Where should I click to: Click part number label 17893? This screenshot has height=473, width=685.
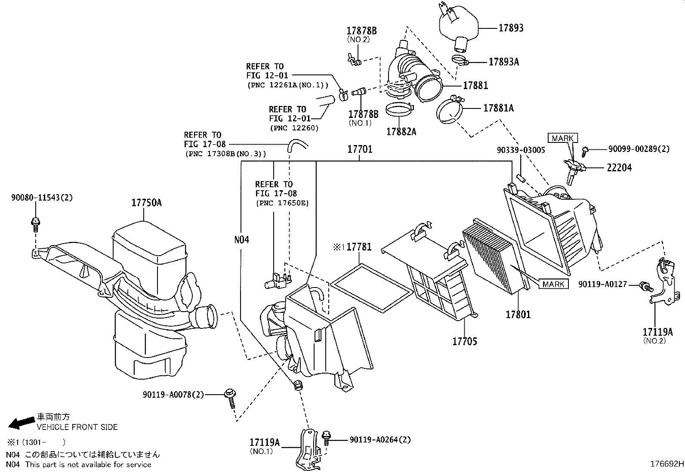coord(511,28)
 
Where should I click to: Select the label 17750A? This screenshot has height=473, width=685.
coord(146,203)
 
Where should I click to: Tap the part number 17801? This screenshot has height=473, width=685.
coord(518,315)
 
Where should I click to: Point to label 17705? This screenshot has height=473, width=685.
coord(464,341)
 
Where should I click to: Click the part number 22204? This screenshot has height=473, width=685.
coord(619,168)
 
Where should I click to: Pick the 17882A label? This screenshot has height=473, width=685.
coord(401,132)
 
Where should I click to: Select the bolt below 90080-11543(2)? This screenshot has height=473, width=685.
coord(35,223)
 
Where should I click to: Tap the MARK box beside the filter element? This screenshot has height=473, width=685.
coord(553,284)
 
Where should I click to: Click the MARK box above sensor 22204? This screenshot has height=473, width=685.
coord(562,138)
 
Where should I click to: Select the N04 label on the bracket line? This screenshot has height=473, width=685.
coord(241,239)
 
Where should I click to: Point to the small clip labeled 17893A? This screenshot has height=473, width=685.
coord(460,60)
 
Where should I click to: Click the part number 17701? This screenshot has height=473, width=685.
coord(360,150)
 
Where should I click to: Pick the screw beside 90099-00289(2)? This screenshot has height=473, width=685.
coord(585,150)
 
